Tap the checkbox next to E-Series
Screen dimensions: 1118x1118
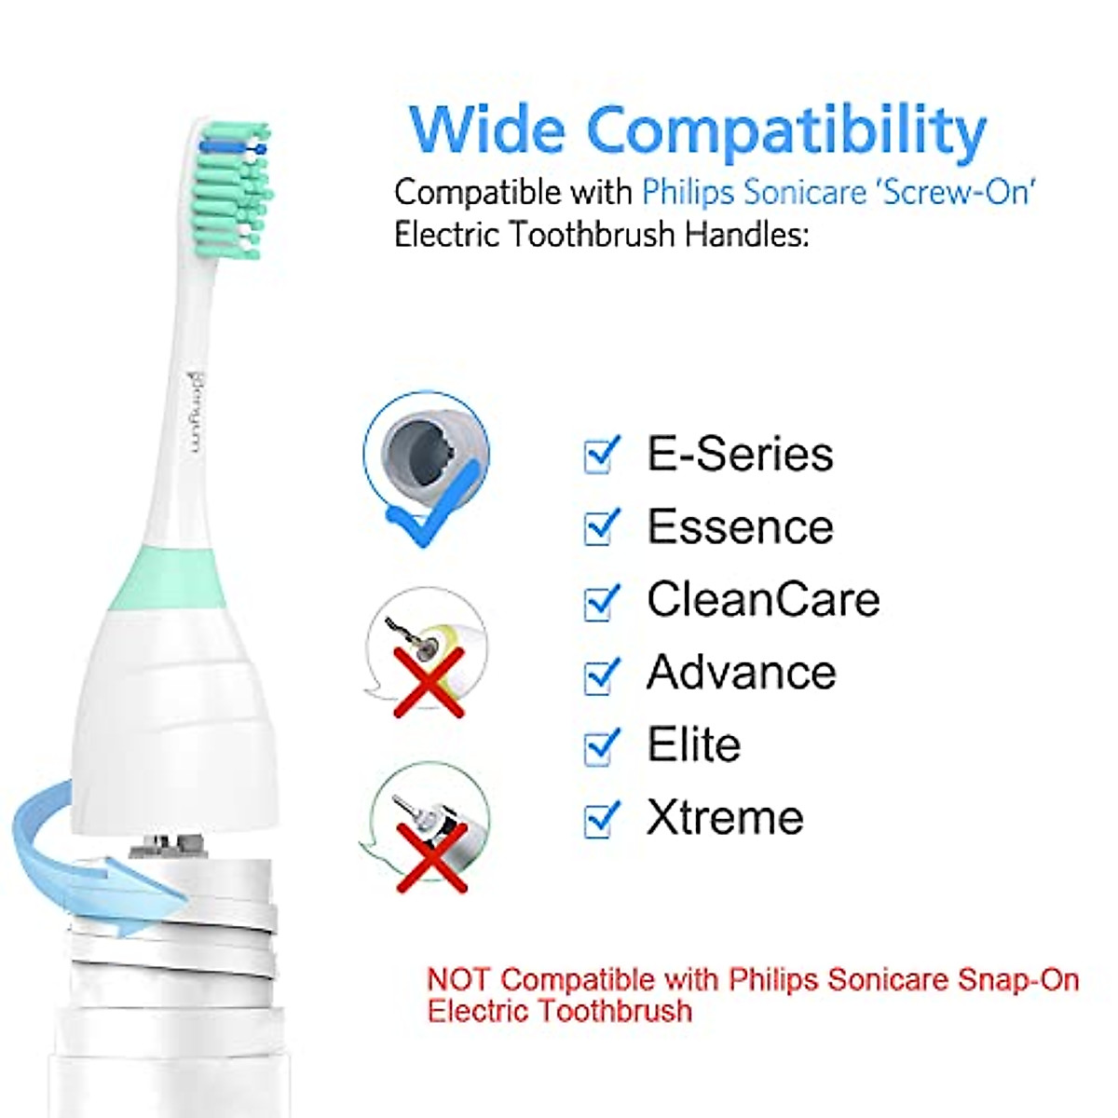(601, 455)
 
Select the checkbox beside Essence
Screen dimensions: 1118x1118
(601, 527)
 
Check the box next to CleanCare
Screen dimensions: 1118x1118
(601, 600)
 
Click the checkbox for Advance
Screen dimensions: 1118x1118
(601, 674)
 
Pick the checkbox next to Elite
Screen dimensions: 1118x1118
(601, 745)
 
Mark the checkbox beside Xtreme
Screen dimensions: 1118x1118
(601, 818)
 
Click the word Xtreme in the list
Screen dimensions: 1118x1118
(725, 818)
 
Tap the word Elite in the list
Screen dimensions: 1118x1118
(694, 745)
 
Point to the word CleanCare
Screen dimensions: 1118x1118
(763, 599)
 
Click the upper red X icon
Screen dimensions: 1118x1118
(428, 682)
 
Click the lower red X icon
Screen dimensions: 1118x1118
(431, 857)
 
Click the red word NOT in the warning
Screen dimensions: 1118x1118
(458, 979)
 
